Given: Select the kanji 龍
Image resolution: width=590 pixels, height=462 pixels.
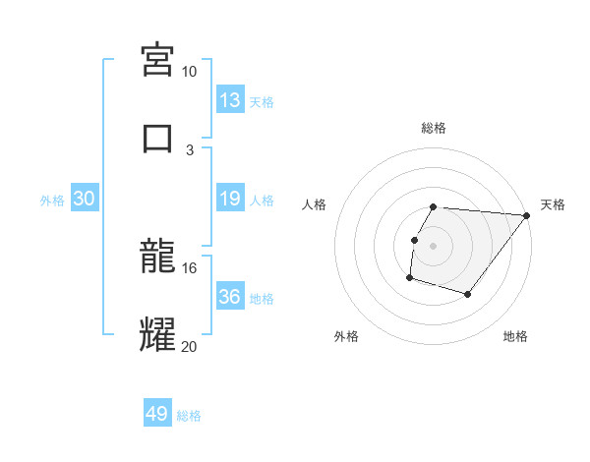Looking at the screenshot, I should (x=158, y=258).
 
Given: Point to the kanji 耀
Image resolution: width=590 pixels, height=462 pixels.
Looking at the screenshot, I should (x=158, y=334).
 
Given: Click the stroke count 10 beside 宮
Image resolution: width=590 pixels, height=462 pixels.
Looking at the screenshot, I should (x=189, y=72).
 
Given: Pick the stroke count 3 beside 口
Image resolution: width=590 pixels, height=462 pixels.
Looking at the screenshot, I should (x=191, y=149).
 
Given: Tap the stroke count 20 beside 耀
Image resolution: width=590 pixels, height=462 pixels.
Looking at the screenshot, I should (x=189, y=345).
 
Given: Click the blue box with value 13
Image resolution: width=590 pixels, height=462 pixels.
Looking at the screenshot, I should (x=230, y=100).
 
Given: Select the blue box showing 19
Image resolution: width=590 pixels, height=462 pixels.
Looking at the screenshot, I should (x=230, y=199).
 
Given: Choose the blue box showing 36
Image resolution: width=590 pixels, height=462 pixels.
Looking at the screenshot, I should (x=230, y=297).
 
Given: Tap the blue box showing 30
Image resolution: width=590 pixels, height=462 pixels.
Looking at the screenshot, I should (x=85, y=199).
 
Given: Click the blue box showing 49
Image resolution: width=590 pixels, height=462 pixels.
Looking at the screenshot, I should (x=157, y=414).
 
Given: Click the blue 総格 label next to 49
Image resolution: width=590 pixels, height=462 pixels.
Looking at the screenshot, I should (x=189, y=416).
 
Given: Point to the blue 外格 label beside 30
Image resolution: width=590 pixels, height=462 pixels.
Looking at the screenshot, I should (x=52, y=200).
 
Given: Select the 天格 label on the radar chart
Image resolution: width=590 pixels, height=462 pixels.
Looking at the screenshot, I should (x=553, y=204).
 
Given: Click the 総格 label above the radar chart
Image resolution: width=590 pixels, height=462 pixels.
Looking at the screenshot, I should (x=434, y=128).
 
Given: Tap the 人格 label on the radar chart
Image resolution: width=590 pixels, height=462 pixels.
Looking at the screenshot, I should (x=315, y=204).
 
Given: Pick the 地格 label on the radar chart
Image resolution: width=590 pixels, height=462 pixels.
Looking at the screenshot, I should (x=515, y=336).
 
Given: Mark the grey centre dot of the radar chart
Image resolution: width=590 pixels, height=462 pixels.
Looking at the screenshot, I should (x=434, y=245).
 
